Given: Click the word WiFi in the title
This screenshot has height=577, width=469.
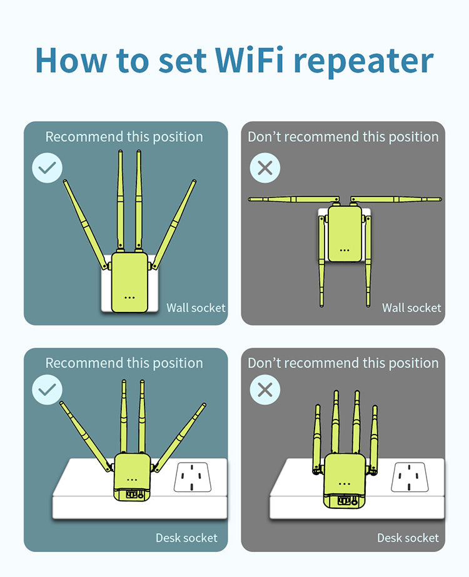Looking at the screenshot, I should (x=250, y=60).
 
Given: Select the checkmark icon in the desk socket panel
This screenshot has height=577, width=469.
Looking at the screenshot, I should (x=48, y=389).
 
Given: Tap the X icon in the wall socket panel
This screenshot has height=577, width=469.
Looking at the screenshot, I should (x=265, y=168).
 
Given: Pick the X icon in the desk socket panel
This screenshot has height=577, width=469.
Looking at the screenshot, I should (x=265, y=389).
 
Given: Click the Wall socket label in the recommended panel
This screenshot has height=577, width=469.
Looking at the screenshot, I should (x=196, y=308).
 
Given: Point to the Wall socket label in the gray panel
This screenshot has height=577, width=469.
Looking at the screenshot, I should (x=411, y=308).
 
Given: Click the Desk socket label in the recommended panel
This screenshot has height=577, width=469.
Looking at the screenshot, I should (x=186, y=538).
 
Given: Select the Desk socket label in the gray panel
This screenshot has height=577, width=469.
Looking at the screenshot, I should (x=408, y=538).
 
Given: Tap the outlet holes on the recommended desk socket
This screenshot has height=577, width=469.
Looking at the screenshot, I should (x=192, y=479).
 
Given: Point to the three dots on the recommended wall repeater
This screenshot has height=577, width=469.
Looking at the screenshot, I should (x=129, y=297).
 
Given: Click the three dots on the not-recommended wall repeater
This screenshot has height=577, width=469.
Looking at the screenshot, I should (x=344, y=249).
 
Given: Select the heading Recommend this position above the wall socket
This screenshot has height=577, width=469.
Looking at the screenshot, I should (x=124, y=137).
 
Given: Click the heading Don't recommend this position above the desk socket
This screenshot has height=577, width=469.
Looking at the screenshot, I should (x=343, y=363).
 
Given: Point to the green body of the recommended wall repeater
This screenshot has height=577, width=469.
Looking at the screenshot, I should (x=129, y=275).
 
